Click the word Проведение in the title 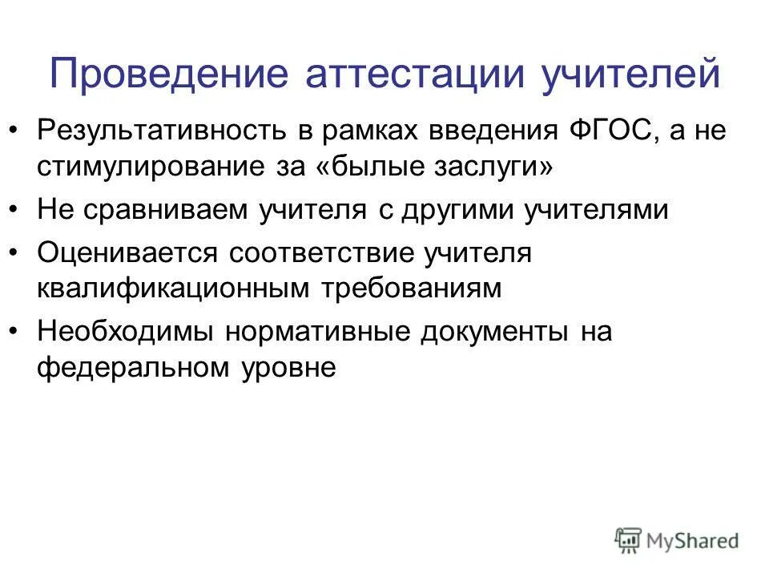click(x=167, y=75)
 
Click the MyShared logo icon click(x=629, y=539)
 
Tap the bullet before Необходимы click(x=18, y=331)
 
